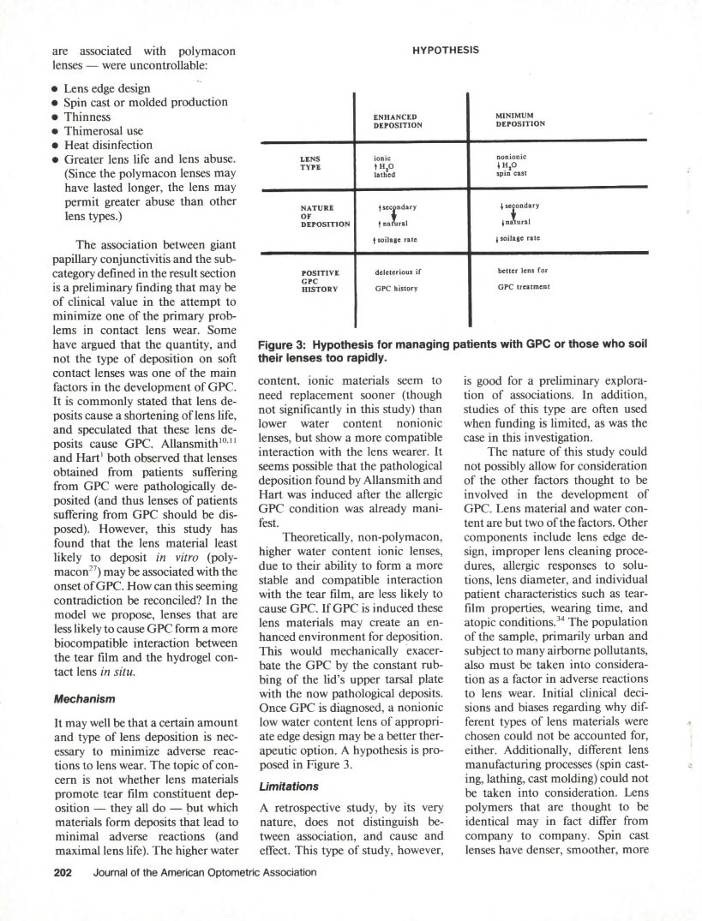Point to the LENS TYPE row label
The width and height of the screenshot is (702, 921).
click(x=310, y=163)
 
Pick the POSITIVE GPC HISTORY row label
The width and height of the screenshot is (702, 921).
click(x=315, y=280)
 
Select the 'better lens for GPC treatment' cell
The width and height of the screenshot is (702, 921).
click(x=525, y=279)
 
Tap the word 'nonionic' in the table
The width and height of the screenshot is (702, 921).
click(x=514, y=157)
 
